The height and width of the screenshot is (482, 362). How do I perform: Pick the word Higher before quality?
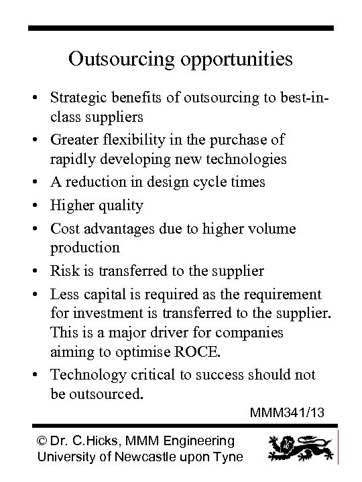70,206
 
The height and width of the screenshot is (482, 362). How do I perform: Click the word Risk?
62,271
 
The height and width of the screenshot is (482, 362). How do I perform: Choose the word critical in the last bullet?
149,374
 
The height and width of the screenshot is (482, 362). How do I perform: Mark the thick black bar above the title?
181,28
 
